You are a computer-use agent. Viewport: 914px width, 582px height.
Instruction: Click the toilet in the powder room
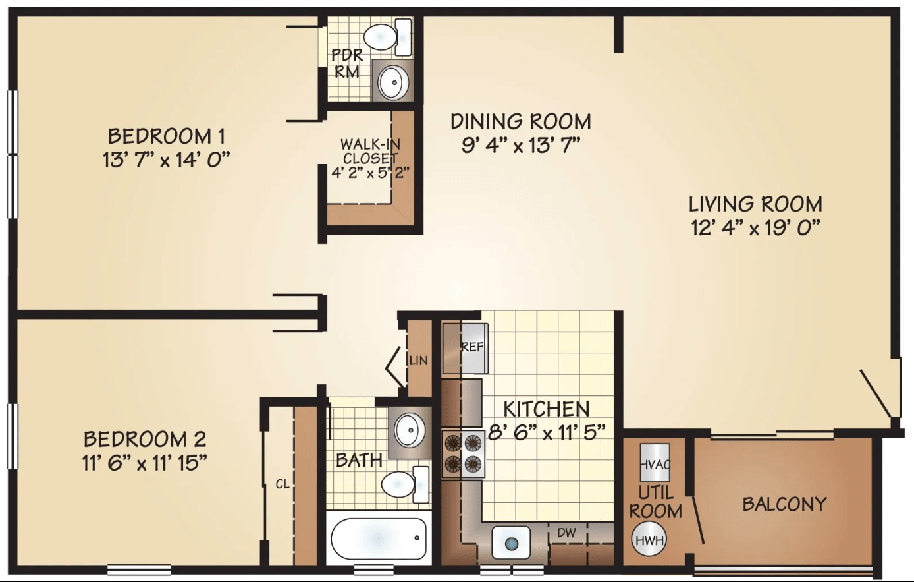pos(388,37)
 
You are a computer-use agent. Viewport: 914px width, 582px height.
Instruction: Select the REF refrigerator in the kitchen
pos(466,349)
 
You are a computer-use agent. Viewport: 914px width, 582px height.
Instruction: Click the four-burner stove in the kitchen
pos(463,453)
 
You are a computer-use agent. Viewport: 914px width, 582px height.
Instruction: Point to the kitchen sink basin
pos(511,542)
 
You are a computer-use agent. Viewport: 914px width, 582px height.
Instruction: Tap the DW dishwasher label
pos(566,533)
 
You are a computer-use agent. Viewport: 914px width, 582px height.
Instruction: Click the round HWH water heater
pos(649,540)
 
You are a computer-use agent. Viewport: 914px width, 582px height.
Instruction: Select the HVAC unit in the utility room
pos(655,463)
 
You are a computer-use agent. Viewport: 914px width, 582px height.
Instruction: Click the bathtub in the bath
pos(378,538)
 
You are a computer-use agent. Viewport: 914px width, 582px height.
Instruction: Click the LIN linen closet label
pos(419,361)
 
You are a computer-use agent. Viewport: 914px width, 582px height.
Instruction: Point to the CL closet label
pos(282,484)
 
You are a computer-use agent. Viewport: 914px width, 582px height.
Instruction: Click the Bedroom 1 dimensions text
pos(167,160)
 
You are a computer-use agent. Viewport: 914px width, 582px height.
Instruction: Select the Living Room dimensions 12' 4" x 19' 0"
pos(755,228)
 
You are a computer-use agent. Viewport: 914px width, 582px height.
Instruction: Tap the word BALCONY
pos(784,504)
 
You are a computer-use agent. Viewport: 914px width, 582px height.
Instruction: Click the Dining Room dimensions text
pos(521,145)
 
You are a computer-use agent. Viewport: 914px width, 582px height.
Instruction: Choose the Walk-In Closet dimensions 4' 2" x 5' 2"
pos(370,173)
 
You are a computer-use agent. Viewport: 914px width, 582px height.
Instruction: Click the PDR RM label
pos(347,63)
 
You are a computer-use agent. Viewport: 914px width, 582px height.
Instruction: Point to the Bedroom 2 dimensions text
pos(145,463)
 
